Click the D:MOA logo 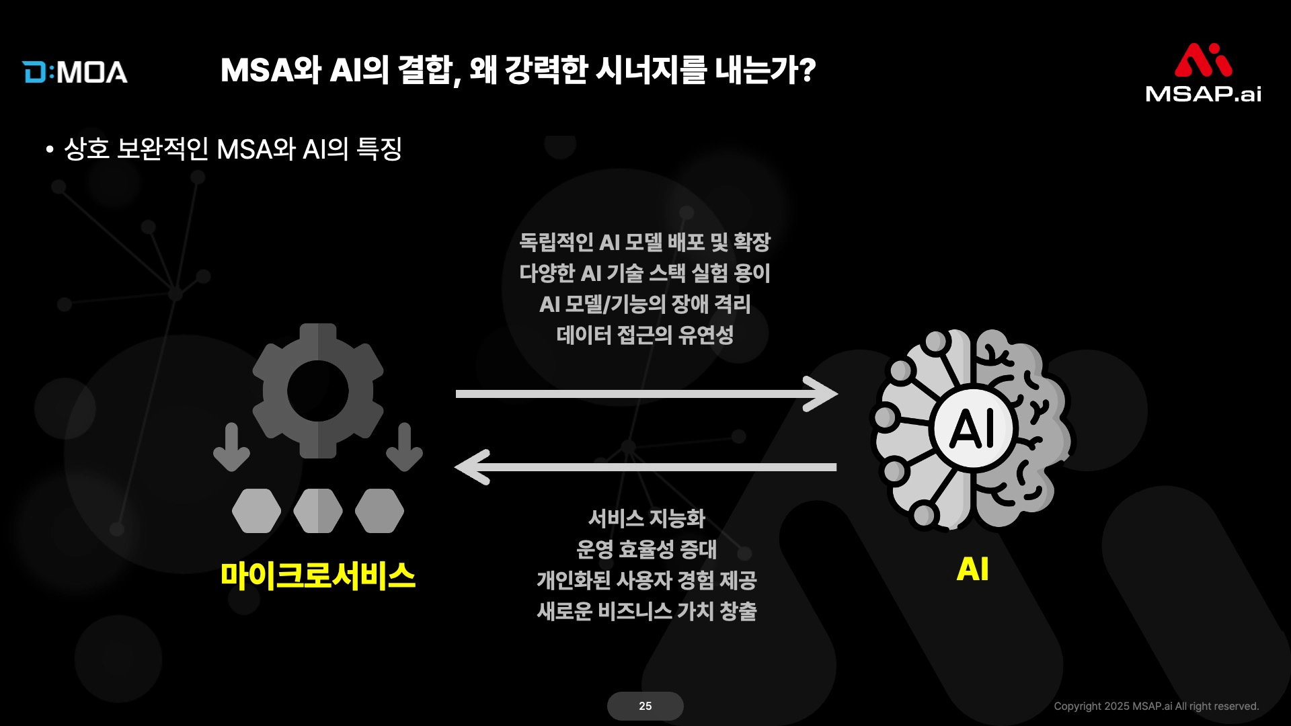(75, 72)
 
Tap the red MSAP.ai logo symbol (1203, 61)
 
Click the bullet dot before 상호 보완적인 (50, 149)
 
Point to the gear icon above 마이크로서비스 (318, 391)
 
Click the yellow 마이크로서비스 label (318, 575)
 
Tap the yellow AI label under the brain (972, 569)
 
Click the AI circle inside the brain (972, 428)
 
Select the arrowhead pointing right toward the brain (821, 393)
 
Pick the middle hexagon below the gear (318, 511)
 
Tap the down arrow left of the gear (231, 447)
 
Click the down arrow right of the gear (404, 447)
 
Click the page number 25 (645, 706)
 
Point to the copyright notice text (1157, 706)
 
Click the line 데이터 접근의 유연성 (645, 335)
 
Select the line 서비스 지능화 (646, 518)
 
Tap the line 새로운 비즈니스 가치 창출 (647, 611)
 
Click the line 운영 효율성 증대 (647, 549)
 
